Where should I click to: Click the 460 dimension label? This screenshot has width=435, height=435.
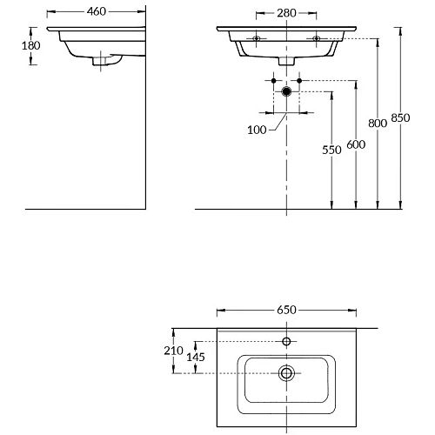[97, 11]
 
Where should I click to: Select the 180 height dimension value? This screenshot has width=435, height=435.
[31, 45]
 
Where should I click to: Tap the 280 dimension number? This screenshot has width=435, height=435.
[286, 13]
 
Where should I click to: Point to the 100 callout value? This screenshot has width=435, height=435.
[257, 130]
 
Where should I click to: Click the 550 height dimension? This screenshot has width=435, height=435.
[331, 150]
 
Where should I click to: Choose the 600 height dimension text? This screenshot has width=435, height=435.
[356, 144]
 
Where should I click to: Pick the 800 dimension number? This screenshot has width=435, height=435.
[378, 124]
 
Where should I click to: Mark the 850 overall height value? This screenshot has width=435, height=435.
[400, 117]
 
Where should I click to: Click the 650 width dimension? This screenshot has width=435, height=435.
[286, 310]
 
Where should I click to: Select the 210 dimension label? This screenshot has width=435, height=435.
[173, 351]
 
